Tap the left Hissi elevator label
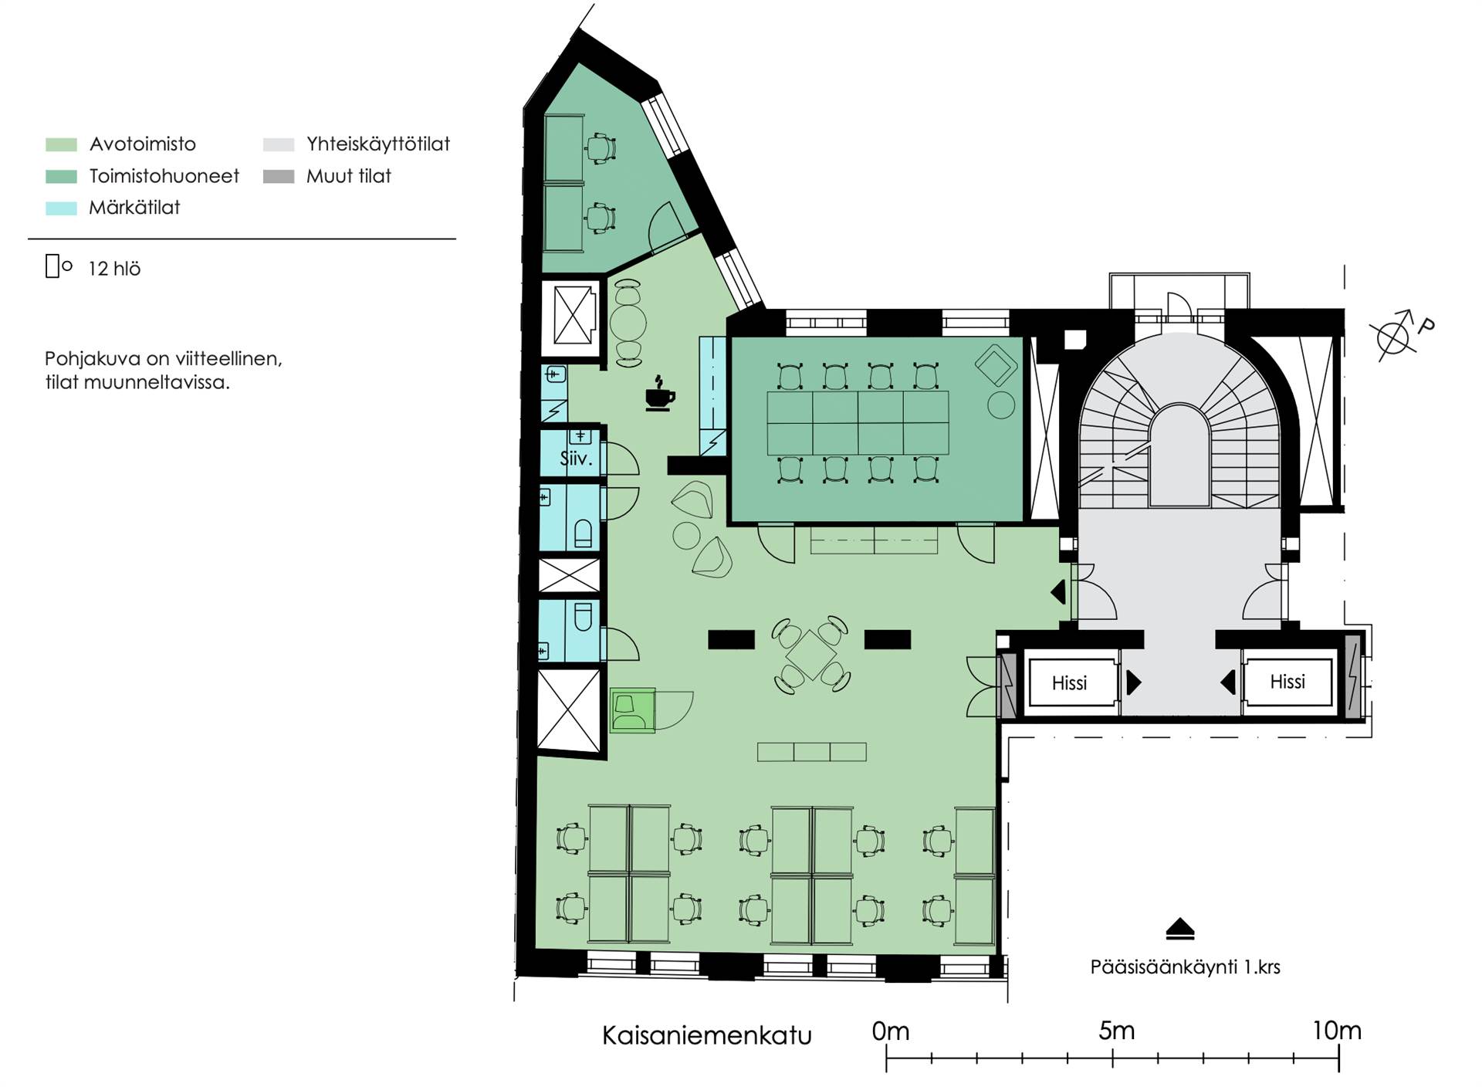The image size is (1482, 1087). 1069,682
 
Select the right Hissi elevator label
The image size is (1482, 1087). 1287,681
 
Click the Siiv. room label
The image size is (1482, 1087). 576,459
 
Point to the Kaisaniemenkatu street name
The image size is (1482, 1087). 706,1035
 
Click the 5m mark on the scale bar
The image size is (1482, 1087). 1116,1031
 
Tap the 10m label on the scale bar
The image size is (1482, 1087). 1337,1031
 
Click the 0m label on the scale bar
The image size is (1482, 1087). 890,1031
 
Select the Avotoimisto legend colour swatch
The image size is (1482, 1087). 61,144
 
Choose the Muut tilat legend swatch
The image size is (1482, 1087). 279,176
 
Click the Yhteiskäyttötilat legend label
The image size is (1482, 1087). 378,144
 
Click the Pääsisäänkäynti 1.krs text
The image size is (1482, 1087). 1185,967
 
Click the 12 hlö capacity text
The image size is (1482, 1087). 114,269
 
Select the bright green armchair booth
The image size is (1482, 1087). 632,710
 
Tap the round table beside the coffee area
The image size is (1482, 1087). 628,323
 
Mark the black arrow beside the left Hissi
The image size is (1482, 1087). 1134,682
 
